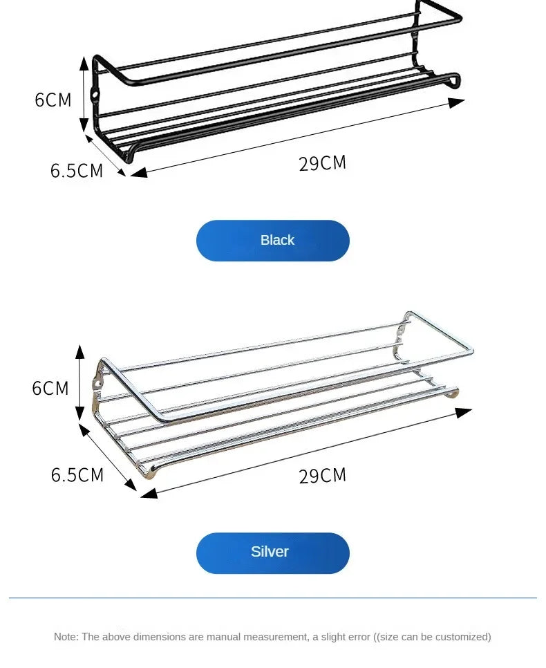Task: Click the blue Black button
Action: coord(273,241)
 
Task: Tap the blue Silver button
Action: coord(273,553)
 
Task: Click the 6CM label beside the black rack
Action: coord(53,100)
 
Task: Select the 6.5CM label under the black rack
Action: coord(77,170)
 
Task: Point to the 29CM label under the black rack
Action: coord(322,164)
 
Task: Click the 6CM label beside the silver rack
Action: coord(50,388)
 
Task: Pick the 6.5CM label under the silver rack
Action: coord(77,475)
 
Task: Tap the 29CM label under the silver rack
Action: coord(322,476)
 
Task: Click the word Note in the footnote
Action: coord(66,637)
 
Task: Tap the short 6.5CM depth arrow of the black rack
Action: coord(106,154)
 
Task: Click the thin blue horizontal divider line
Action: coord(273,597)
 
